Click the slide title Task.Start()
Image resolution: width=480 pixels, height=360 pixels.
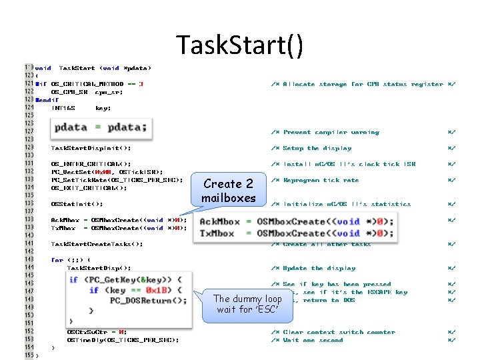[240, 45]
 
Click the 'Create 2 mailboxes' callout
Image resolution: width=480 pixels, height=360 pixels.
[229, 191]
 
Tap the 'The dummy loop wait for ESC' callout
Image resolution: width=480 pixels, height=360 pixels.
[247, 304]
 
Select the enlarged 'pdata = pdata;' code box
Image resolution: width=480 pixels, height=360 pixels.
[102, 127]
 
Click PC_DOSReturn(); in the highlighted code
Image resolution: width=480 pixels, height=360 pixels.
[148, 300]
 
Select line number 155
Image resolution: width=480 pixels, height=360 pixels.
[29, 355]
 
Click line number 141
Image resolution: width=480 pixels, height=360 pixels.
[29, 244]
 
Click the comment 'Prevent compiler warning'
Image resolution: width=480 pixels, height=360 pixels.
[331, 132]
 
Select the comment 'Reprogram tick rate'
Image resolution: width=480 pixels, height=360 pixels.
[321, 180]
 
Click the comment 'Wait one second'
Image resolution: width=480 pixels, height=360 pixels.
[313, 340]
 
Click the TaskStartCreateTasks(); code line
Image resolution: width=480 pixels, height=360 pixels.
[97, 244]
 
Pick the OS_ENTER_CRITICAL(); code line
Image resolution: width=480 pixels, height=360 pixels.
[91, 164]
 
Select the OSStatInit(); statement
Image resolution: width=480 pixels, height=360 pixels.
[77, 204]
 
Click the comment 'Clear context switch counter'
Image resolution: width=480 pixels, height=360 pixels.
[336, 332]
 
